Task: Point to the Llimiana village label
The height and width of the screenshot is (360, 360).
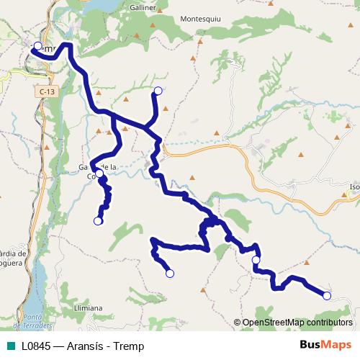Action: (89, 307)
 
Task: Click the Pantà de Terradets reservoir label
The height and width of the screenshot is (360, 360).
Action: (40, 321)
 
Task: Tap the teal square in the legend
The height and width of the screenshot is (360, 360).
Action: (9, 346)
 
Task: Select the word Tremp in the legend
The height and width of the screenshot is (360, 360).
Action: (129, 346)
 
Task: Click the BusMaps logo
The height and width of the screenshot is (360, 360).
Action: (325, 345)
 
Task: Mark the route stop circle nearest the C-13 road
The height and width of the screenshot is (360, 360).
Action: (37, 46)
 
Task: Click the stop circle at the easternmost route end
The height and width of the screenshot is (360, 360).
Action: (326, 295)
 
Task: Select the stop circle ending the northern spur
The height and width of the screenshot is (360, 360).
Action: (158, 91)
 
